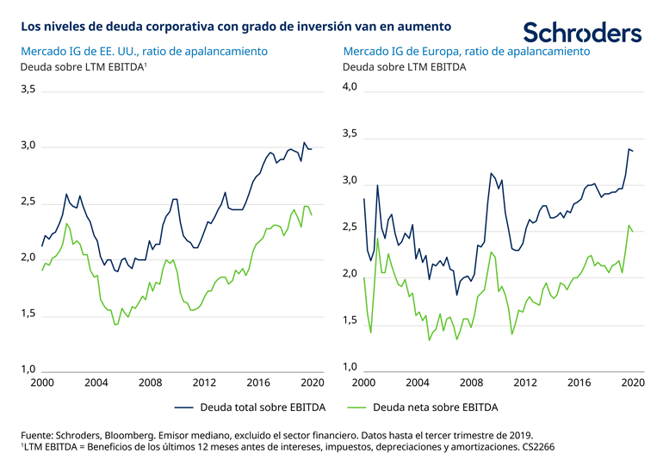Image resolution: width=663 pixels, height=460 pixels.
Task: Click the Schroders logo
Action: (582, 32)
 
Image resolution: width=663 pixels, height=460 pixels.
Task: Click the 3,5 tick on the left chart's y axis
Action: (28, 90)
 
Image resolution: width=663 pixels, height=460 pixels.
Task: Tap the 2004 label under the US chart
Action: (96, 383)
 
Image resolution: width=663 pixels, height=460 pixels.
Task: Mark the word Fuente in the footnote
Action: (39, 434)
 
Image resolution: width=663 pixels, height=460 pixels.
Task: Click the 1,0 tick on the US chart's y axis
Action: (28, 370)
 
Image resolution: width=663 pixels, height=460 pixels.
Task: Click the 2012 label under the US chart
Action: (203, 383)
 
